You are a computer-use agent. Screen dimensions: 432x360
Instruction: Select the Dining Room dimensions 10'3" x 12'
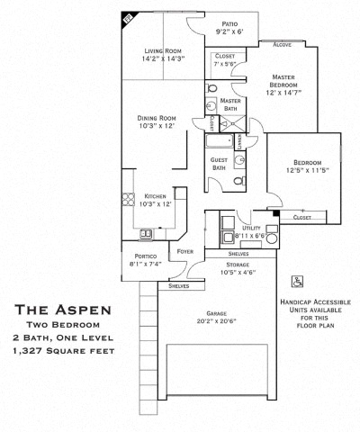pyautogui.click(x=157, y=126)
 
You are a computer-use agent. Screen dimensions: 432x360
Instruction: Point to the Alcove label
pyautogui.click(x=281, y=44)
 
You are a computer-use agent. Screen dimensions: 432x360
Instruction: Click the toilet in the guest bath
pyautogui.click(x=238, y=180)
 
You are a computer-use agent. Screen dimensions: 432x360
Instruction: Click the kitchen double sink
pyautogui.click(x=145, y=235)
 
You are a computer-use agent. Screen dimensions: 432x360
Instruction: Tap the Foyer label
pyautogui.click(x=186, y=251)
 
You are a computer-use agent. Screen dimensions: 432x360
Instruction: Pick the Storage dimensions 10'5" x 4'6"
pyautogui.click(x=238, y=272)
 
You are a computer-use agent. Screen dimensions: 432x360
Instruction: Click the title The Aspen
pyautogui.click(x=64, y=309)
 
